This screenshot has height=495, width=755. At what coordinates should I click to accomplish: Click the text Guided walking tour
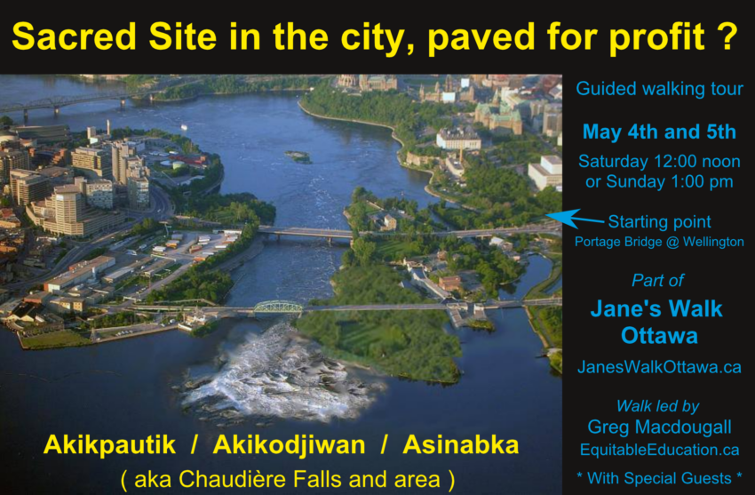(x=659, y=90)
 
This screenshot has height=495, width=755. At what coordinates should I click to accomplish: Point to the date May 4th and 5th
(x=659, y=132)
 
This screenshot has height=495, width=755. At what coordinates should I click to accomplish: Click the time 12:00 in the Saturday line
(x=674, y=162)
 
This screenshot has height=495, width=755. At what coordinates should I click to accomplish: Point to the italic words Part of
(x=657, y=281)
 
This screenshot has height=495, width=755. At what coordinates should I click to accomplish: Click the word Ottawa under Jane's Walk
(x=659, y=336)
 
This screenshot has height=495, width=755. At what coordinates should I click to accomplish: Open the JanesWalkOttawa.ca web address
(x=659, y=367)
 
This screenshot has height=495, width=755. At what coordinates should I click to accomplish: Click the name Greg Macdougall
(x=659, y=427)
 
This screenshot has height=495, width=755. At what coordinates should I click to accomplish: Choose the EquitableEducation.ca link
(x=659, y=451)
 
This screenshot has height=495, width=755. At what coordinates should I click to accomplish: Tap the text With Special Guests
(x=659, y=478)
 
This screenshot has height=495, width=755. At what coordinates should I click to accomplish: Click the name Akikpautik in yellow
(x=109, y=445)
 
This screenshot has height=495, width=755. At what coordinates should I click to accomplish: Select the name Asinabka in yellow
(x=461, y=445)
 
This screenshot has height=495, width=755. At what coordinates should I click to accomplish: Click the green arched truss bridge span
(x=278, y=307)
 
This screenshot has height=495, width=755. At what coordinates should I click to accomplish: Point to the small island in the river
(x=298, y=156)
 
